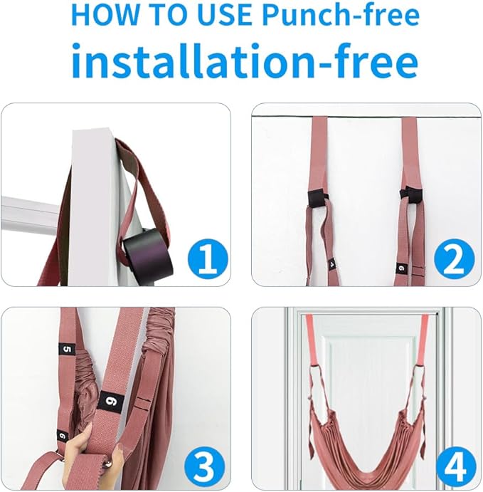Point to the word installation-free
click(x=245, y=61)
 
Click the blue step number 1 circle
click(x=208, y=259)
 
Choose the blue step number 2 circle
click(x=454, y=259)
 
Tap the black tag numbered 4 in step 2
click(x=332, y=265)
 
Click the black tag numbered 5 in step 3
click(x=67, y=350)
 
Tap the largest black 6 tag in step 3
click(x=110, y=402)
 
